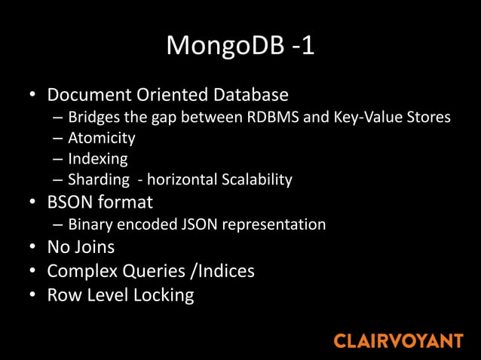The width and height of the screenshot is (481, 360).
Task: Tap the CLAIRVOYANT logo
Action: [x=398, y=340]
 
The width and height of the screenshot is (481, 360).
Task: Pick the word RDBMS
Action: [x=274, y=117]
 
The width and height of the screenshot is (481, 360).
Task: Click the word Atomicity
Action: [x=102, y=139]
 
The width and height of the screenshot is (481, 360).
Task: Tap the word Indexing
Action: [x=98, y=159]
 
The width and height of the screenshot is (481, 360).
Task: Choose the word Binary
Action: [x=89, y=224]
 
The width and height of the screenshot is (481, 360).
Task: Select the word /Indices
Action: [x=220, y=271]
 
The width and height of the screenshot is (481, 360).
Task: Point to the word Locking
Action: [x=164, y=294]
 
